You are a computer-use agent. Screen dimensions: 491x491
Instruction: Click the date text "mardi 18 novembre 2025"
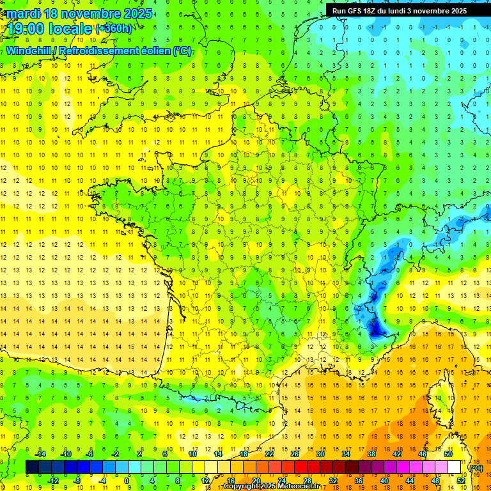tap(80, 13)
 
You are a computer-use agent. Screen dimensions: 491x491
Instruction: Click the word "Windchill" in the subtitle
tap(29, 51)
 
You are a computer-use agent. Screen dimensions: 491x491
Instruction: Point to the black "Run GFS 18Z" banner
tap(400, 11)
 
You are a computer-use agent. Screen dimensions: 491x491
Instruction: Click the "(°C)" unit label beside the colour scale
tap(476, 467)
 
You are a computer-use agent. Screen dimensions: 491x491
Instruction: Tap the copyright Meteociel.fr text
tap(271, 487)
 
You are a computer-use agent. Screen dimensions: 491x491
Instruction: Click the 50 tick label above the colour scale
tap(448, 454)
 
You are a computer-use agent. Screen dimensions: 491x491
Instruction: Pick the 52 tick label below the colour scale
tap(461, 480)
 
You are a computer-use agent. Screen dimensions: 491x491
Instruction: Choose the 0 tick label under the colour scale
tap(127, 480)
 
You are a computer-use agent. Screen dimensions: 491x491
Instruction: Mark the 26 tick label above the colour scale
tap(295, 454)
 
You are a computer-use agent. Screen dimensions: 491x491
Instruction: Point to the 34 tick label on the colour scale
tap(346, 454)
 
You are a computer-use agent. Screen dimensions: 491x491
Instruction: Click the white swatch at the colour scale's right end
tap(455, 467)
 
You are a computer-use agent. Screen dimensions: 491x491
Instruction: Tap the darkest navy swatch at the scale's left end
tap(32, 467)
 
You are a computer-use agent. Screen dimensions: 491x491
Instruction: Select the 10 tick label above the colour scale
tap(192, 454)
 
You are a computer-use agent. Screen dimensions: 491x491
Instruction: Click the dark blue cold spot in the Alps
tap(377, 329)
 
